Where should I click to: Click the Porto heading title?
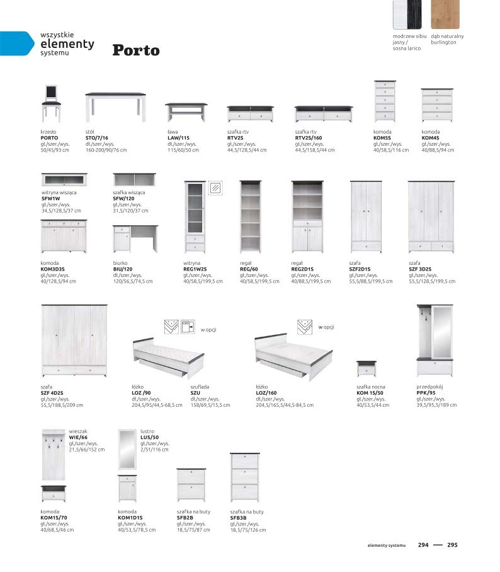[136, 50]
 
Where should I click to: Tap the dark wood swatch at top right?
[408, 16]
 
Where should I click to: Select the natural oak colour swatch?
[446, 16]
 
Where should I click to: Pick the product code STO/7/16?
[97, 137]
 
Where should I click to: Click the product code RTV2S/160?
[309, 137]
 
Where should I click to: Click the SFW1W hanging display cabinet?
[64, 180]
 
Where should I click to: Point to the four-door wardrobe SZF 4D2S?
[74, 340]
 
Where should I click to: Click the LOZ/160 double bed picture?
[293, 356]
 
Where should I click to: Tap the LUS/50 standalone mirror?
[127, 448]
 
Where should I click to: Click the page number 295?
[452, 546]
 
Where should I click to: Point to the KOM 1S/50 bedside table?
[366, 368]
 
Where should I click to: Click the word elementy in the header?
[67, 44]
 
